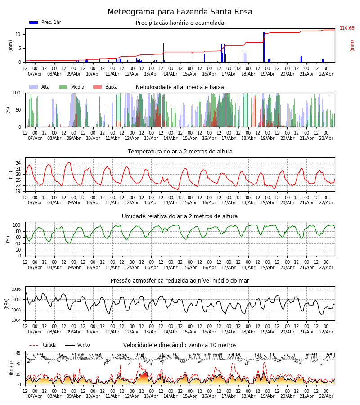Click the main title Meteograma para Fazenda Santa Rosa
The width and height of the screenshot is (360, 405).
tap(180, 12)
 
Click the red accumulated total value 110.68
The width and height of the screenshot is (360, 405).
tap(347, 28)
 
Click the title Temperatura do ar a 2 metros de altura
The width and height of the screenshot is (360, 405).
tap(180, 152)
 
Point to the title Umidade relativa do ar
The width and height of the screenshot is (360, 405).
tap(180, 216)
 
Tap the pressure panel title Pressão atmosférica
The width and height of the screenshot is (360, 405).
tap(180, 281)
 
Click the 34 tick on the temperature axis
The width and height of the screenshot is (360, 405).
tap(18, 163)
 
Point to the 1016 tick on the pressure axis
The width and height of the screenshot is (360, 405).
tap(16, 289)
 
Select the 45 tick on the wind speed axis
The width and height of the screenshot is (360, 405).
tap(18, 353)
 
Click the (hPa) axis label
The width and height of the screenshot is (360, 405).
tap(7, 303)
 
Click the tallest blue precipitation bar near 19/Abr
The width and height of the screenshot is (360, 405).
tap(264, 47)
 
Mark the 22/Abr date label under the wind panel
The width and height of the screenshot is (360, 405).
tap(326, 396)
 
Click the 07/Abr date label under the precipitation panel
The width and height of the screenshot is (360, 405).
tap(35, 74)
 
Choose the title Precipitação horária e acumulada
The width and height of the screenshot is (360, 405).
tap(180, 23)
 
